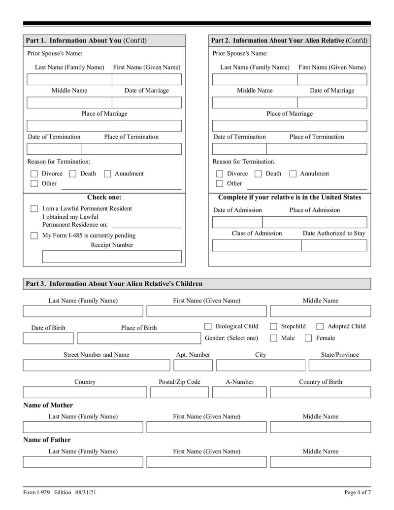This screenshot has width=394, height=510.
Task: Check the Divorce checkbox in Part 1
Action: (x=34, y=174)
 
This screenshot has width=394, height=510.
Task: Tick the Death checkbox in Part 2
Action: (x=258, y=174)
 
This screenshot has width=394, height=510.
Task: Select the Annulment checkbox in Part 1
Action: (x=107, y=174)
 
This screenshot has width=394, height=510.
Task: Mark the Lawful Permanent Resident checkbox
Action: (x=34, y=209)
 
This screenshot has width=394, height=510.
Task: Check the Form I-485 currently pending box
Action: (x=34, y=236)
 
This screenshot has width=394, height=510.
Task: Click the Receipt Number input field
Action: (x=112, y=257)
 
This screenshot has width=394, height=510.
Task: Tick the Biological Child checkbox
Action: (x=208, y=326)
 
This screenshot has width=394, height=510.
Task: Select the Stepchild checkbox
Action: (x=273, y=326)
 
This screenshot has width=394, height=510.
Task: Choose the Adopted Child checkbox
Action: (x=320, y=326)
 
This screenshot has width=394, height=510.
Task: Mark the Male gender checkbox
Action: (x=273, y=338)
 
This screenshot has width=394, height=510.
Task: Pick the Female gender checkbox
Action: (x=308, y=338)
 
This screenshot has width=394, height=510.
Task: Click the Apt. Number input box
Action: (x=193, y=365)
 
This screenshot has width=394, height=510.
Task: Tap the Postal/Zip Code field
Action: (x=179, y=392)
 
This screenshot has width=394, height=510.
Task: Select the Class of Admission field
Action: (x=256, y=245)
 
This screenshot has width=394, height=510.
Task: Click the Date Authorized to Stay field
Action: (x=334, y=245)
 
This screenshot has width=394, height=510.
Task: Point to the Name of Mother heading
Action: (x=48, y=405)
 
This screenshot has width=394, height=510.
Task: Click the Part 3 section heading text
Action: (x=114, y=284)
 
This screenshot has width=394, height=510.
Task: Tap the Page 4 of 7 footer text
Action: (x=357, y=492)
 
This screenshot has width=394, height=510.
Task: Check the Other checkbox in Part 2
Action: (x=220, y=184)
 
